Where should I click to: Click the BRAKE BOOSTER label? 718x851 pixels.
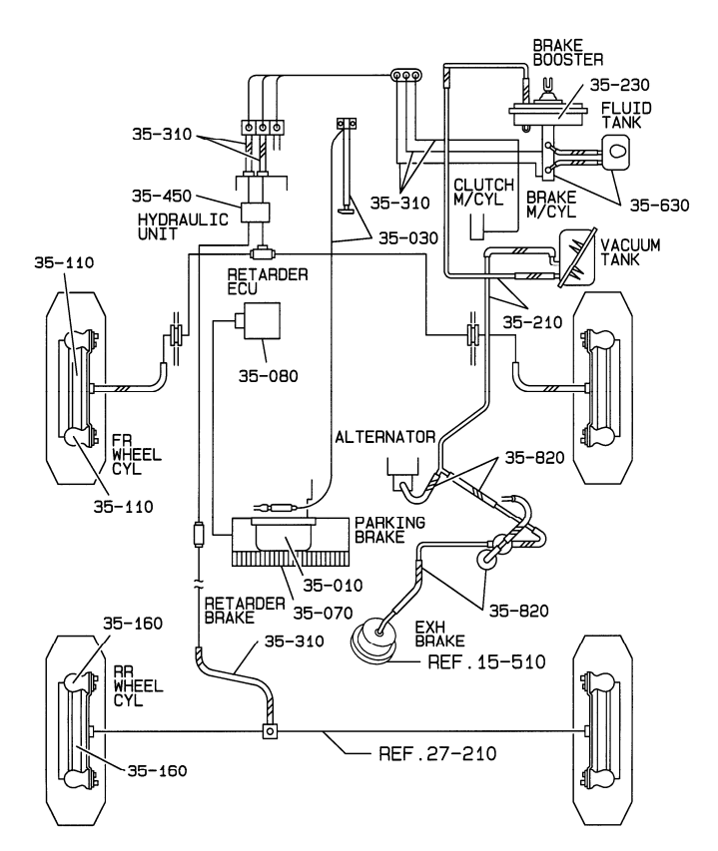pyautogui.click(x=567, y=53)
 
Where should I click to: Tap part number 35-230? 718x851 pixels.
pyautogui.click(x=619, y=85)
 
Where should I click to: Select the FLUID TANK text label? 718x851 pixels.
pyautogui.click(x=626, y=115)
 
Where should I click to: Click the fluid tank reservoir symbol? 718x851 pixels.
pyautogui.click(x=616, y=150)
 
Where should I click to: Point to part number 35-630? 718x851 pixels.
pyautogui.click(x=659, y=206)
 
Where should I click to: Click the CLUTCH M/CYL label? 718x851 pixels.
pyautogui.click(x=483, y=193)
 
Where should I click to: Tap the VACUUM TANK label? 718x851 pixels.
pyautogui.click(x=630, y=251)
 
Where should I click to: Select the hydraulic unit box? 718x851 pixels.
pyautogui.click(x=256, y=213)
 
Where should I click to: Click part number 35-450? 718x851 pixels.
pyautogui.click(x=162, y=196)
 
